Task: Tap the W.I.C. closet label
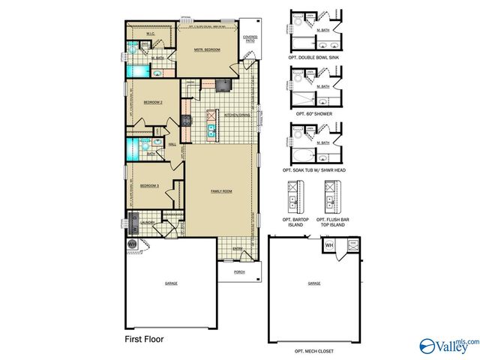[x=150, y=32]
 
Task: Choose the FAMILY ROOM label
[x=221, y=191]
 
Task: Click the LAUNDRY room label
[x=148, y=222]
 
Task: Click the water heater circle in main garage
[x=132, y=244]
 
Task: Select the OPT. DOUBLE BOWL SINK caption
[x=313, y=57]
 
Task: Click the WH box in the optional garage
[x=329, y=245]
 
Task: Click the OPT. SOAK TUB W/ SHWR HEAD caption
[x=313, y=170]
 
